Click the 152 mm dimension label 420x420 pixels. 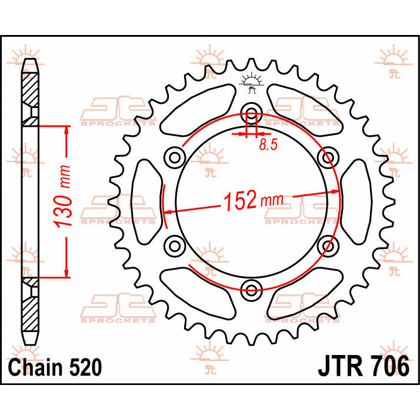point(254,201)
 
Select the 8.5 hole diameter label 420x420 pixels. point(268,145)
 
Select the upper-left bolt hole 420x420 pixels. point(175,157)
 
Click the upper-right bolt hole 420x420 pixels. point(328,157)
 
